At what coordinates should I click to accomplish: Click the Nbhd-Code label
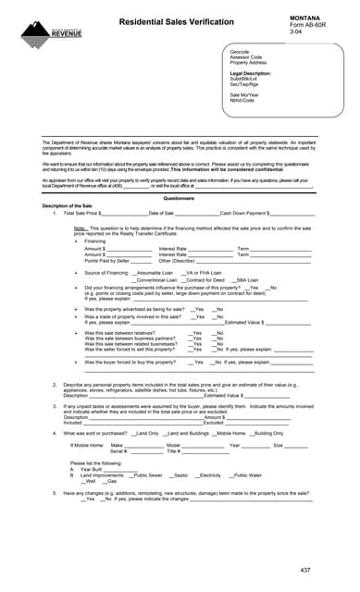pyautogui.click(x=242, y=100)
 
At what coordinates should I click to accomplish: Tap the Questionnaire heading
pyautogui.click(x=180, y=199)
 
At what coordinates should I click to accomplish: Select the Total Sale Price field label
pyautogui.click(x=86, y=213)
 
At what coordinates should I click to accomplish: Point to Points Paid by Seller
pyautogui.click(x=107, y=261)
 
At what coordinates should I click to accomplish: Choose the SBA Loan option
pyautogui.click(x=246, y=280)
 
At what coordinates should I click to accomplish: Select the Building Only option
pyautogui.click(x=268, y=433)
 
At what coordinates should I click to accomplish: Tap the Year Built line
pyautogui.click(x=91, y=468)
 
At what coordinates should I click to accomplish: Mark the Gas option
pyautogui.click(x=110, y=481)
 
